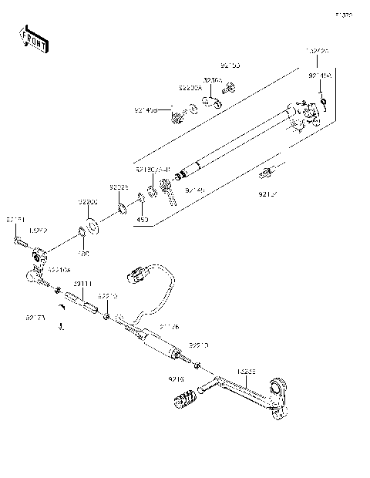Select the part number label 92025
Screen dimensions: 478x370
coord(117,187)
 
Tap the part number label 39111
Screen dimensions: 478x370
coord(82,284)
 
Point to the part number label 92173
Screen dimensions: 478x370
coord(35,316)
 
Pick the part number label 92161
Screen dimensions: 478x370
coord(15,220)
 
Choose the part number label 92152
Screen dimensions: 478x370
coord(268,194)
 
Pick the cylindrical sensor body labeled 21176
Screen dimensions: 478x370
coord(158,343)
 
